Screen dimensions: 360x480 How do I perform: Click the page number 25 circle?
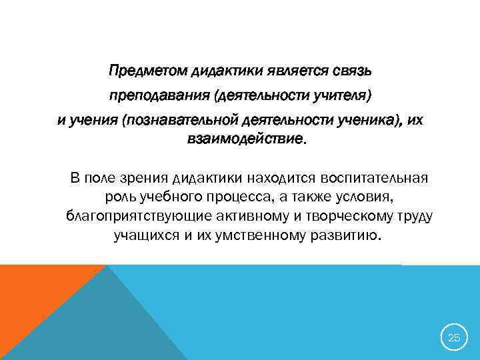pos(453,337)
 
